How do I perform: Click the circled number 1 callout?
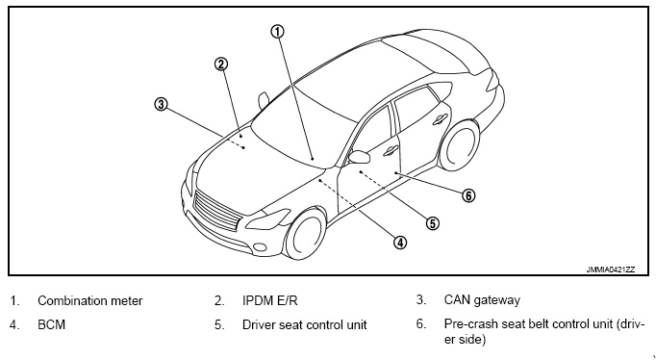pos(277,32)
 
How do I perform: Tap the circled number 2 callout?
pos(221,64)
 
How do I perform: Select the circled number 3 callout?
pos(161,104)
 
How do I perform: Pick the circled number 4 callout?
pos(400,242)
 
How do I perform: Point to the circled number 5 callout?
pos(433,223)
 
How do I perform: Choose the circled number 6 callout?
pos(468,195)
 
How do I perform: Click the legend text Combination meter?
pos(90,300)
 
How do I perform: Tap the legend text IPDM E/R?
pos(270,300)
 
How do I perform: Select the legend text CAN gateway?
pos(482,300)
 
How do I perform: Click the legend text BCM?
pos(51,324)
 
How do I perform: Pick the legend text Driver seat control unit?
pos(305,324)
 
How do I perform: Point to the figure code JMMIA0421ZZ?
pos(611,270)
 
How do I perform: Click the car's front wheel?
pos(306,234)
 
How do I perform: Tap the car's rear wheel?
pos(459,143)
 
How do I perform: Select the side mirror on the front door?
pos(359,157)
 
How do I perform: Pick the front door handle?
pos(391,150)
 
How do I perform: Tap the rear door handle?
pos(440,119)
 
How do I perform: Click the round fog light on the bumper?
pos(260,247)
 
